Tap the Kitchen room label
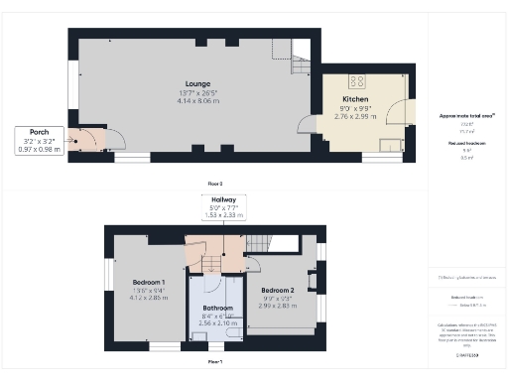click(x=355, y=100)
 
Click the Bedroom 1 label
click(x=149, y=282)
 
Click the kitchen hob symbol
click(x=359, y=82)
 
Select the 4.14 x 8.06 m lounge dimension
click(x=189, y=101)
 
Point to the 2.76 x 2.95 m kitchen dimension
click(x=355, y=116)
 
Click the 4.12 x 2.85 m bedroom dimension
click(x=149, y=298)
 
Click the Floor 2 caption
click(x=214, y=184)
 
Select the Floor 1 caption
click(x=214, y=362)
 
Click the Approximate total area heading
click(x=466, y=116)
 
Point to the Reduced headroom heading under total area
click(x=466, y=144)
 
